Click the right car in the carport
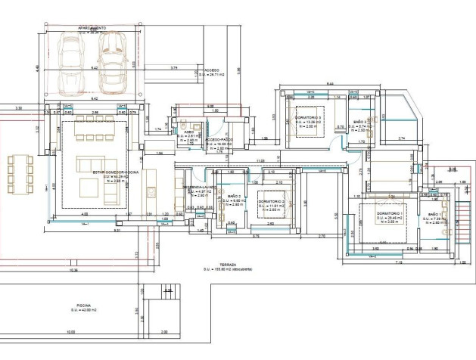point(115,62)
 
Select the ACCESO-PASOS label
point(218,141)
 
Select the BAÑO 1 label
point(436,216)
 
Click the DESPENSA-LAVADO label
point(199,186)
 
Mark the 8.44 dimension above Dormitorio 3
point(330,83)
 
